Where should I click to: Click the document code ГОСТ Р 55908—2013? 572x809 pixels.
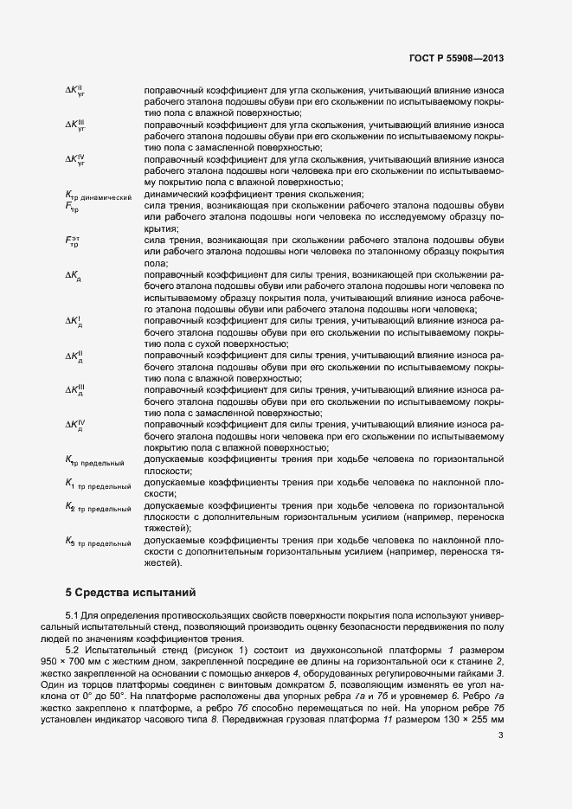tap(455, 59)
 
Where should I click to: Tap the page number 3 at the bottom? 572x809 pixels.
tap(501, 736)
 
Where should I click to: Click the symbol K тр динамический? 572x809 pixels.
tap(97, 195)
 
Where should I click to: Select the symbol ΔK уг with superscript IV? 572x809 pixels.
tap(74, 160)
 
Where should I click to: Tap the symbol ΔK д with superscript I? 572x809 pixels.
tap(74, 321)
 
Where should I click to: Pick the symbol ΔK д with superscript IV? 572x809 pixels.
tap(74, 425)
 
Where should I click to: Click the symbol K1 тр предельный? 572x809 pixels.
tap(98, 484)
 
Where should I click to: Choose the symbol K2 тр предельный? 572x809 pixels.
tap(98, 508)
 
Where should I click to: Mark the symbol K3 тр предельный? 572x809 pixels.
tap(98, 543)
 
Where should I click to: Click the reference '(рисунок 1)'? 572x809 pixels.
tap(218, 648)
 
